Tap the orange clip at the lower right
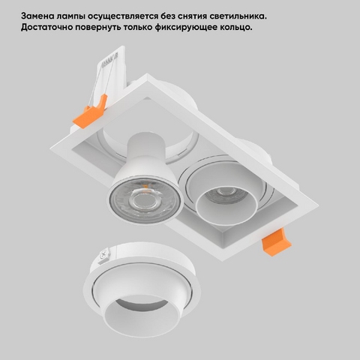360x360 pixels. [276, 242]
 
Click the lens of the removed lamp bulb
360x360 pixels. [145, 200]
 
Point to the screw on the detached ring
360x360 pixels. [104, 256]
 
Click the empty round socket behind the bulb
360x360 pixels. [148, 145]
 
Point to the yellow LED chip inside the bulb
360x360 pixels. [145, 186]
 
